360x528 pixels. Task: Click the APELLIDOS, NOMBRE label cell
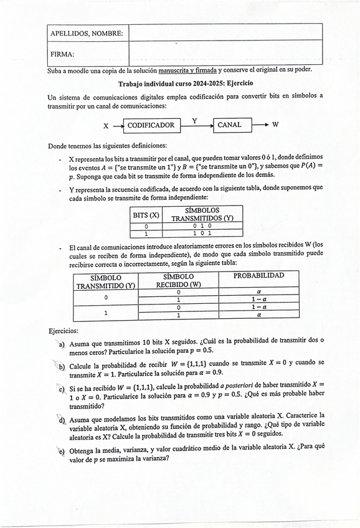[87, 32]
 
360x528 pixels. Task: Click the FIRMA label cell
[87, 54]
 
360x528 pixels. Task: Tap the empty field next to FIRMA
[225, 54]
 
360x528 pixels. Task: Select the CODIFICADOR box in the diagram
[151, 125]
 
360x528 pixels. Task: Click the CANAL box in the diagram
[233, 125]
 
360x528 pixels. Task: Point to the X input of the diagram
[106, 126]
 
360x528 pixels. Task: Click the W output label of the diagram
[275, 125]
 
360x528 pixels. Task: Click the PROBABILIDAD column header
[258, 275]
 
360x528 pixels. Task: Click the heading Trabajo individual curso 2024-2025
[186, 83]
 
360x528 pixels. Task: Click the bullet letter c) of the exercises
[62, 389]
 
